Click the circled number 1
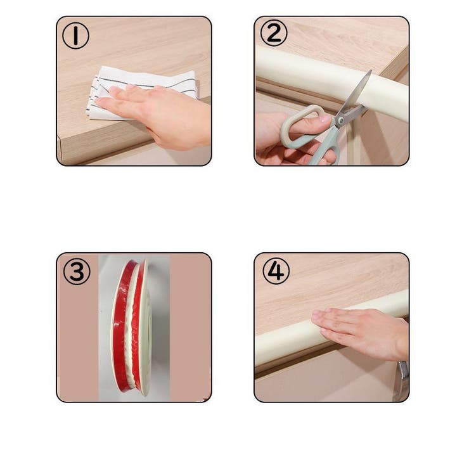point(75,36)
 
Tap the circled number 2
point(274,33)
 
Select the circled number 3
point(77,271)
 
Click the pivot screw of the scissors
point(340,119)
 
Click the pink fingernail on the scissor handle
point(325,119)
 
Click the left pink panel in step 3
point(78,341)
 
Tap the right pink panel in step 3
point(191,328)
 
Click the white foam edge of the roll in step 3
point(146,328)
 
